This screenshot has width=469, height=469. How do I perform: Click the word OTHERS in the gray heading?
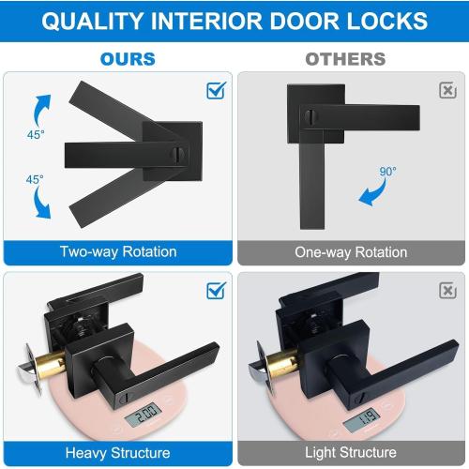coord(345,59)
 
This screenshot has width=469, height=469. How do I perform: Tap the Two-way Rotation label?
coord(117,251)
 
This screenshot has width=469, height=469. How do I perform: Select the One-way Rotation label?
coord(351,251)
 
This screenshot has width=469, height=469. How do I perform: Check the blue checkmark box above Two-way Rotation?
coord(215,90)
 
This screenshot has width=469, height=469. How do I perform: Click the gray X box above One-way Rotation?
coord(447,90)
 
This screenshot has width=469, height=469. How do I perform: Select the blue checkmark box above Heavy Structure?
coord(215,290)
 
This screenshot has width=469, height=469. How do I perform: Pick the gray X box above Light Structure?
coord(447,290)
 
